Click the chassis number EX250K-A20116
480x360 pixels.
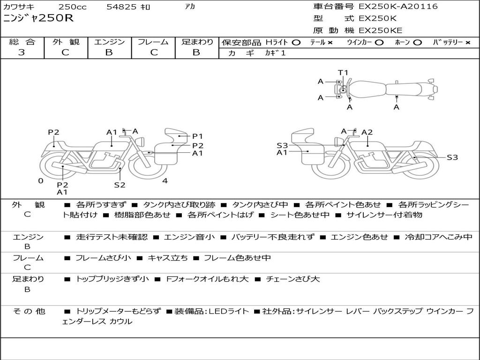click(398, 6)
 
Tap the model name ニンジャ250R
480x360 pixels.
click(38, 18)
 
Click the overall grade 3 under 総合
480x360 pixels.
click(22, 52)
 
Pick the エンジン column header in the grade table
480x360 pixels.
click(109, 42)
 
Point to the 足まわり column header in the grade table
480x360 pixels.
click(197, 42)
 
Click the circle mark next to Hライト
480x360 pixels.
click(296, 43)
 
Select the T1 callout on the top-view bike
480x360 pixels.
click(343, 73)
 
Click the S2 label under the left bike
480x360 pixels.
click(120, 185)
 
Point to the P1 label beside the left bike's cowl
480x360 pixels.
click(197, 136)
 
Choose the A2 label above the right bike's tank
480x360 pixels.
click(367, 132)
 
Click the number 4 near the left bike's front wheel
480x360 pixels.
click(165, 181)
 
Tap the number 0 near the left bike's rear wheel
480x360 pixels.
click(41, 181)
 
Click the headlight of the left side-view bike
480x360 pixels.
click(141, 142)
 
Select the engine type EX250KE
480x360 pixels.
click(381, 30)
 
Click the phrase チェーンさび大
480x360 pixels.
click(293, 279)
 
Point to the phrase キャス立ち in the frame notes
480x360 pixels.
click(168, 258)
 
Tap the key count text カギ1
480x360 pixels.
click(275, 53)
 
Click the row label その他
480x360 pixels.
click(29, 311)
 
